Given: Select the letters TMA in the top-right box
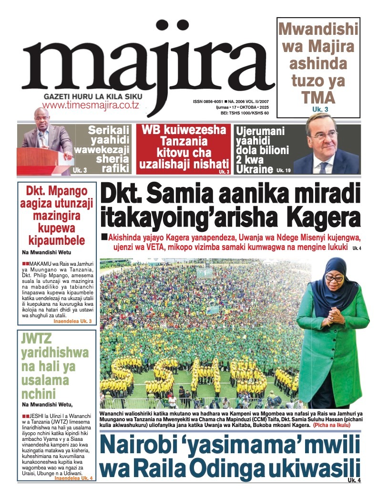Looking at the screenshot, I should coord(318,97).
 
